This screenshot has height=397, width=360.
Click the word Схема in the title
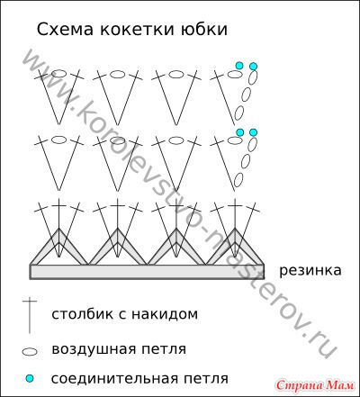click(65, 30)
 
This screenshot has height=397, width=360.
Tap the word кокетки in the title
click(137, 30)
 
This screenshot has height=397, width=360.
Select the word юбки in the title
click(204, 30)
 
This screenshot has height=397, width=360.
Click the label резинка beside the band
click(310, 271)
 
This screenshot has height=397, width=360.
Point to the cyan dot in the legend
click(30, 378)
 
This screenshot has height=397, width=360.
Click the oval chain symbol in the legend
click(30, 352)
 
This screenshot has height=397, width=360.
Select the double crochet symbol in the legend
click(30, 315)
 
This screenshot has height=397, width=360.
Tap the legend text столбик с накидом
click(124, 314)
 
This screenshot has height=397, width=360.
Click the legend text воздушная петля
click(119, 349)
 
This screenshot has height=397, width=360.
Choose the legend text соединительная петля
click(139, 378)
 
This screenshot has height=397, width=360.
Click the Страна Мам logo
click(316, 385)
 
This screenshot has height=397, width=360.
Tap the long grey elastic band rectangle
click(147, 272)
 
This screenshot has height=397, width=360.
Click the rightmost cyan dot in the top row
click(254, 66)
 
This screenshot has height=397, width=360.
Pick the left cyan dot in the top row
click(239, 66)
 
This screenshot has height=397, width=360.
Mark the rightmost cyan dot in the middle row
click(254, 132)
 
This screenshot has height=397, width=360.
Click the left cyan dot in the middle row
click(239, 131)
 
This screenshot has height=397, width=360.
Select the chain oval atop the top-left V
click(59, 74)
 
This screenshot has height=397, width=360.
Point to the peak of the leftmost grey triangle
click(59, 228)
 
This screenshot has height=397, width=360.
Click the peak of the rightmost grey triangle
click(235, 228)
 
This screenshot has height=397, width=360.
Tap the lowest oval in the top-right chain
click(238, 113)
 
